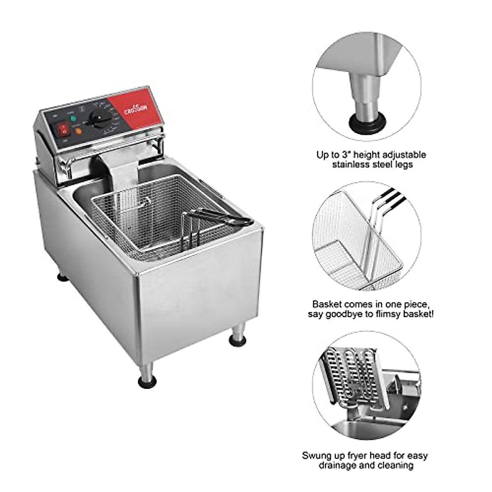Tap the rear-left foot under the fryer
pos(62,278)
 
